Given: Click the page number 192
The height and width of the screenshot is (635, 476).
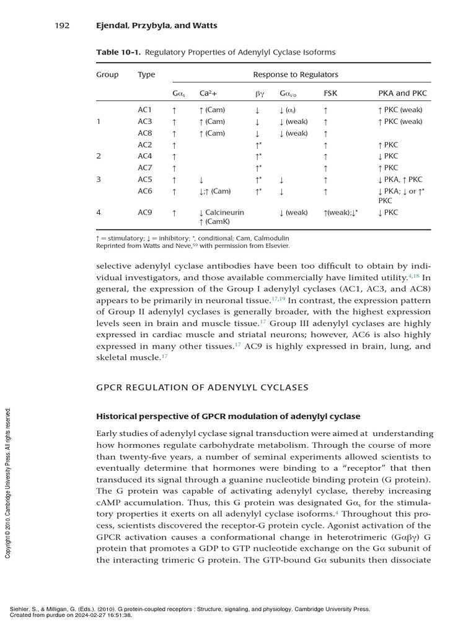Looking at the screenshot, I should [61, 25].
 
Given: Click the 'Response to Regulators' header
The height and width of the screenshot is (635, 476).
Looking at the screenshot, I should [296, 74].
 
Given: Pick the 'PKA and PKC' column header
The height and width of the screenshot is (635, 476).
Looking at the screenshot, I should [402, 94].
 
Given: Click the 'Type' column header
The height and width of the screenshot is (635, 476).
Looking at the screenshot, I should [146, 74].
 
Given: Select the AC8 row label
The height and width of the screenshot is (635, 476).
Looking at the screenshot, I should [144, 133].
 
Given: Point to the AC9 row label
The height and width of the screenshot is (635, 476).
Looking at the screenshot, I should [144, 213].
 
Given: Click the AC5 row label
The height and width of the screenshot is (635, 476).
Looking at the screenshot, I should [144, 180].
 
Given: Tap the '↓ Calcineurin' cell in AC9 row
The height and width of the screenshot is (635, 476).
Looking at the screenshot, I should [221, 213].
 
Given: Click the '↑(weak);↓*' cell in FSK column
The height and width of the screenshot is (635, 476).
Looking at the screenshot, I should [340, 213].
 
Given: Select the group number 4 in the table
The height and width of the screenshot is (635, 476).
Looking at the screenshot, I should [98, 213].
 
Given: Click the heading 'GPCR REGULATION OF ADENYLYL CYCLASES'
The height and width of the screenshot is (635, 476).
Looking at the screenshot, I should [202, 388].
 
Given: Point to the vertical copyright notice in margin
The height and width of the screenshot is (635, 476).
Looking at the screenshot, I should [8, 482].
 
